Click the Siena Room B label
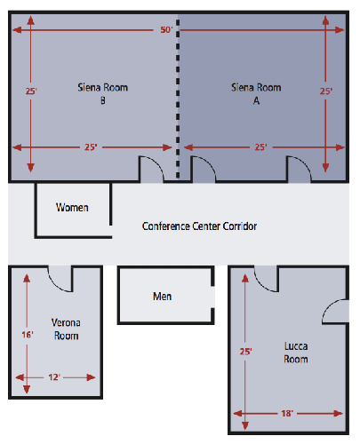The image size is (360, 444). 103,94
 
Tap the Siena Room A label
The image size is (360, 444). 256,94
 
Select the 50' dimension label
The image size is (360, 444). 166,30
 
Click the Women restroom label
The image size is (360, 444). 72,208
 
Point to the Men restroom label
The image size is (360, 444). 162,297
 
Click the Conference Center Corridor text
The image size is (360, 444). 199,226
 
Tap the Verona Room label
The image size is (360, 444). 66,329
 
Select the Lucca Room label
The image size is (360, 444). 296,353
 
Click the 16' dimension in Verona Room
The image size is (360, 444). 28,335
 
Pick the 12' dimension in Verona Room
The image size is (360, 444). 54,377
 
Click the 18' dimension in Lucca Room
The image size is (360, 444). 287,413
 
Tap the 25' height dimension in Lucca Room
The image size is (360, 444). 245,352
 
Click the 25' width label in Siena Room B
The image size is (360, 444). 91,147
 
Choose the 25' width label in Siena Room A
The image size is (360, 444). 260,147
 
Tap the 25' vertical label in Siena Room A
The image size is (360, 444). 326,91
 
